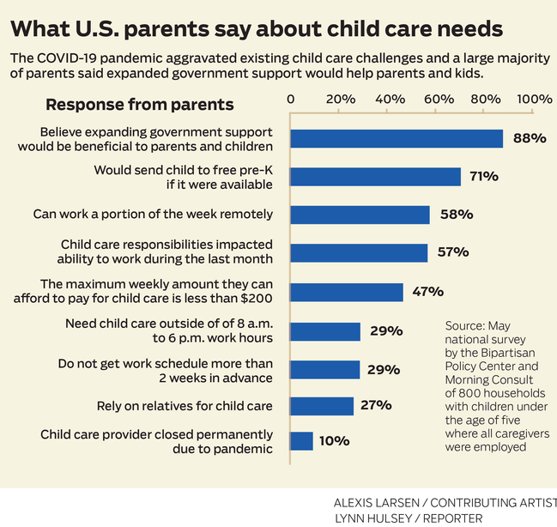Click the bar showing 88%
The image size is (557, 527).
[x=397, y=138]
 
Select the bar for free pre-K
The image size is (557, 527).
[x=376, y=177]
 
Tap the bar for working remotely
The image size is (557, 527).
[x=360, y=215]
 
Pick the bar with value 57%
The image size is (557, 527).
[x=359, y=252]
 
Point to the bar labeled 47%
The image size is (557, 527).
[x=347, y=292]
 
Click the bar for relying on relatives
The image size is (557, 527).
[x=322, y=405]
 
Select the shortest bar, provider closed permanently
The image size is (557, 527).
[x=301, y=441]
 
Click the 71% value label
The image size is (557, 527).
[x=484, y=177]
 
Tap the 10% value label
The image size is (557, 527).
[x=334, y=441]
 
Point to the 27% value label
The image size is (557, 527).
[x=376, y=405]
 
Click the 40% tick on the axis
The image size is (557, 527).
[x=391, y=99]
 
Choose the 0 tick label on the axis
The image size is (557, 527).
[x=291, y=99]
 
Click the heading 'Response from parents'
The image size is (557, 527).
[x=140, y=105]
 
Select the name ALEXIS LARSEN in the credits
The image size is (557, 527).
[x=378, y=503]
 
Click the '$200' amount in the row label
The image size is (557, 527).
[x=254, y=299]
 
